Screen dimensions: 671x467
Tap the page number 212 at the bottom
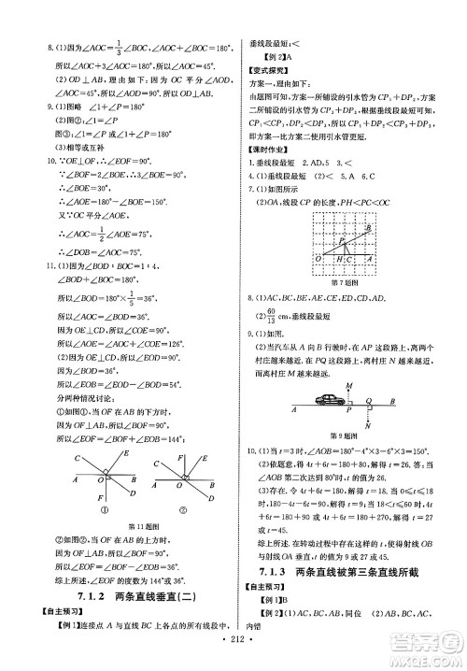(x=233, y=650)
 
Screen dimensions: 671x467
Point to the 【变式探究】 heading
(x=266, y=70)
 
